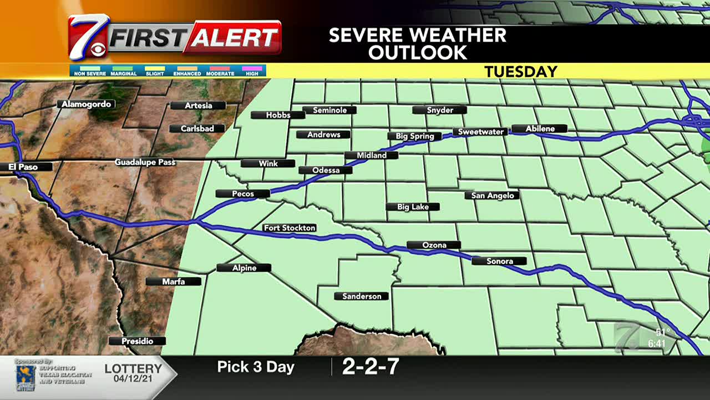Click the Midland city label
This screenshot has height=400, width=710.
371,156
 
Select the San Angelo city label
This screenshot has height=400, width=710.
492,196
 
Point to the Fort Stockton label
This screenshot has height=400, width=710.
290,228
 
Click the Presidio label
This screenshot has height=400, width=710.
137,341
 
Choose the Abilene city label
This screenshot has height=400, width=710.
539,129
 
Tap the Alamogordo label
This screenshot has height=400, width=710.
86,104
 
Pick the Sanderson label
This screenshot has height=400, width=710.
361,296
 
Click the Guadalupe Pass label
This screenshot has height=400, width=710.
145,162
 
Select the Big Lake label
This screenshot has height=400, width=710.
413,207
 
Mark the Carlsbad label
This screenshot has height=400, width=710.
197,129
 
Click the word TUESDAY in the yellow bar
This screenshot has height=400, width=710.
520,72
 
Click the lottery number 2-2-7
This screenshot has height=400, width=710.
371,367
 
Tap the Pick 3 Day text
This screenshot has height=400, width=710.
255,367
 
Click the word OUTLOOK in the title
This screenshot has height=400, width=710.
417,53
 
